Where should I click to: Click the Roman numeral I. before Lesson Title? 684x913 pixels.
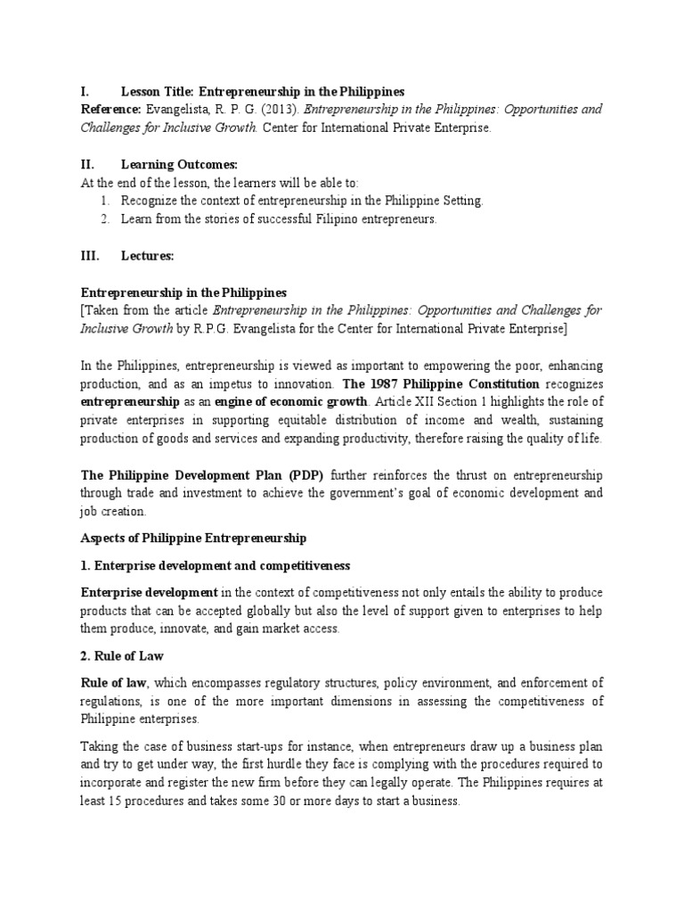85,92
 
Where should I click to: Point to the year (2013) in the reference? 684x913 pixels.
279,110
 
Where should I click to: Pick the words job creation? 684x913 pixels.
113,513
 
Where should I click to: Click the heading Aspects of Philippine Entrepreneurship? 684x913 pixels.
194,539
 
